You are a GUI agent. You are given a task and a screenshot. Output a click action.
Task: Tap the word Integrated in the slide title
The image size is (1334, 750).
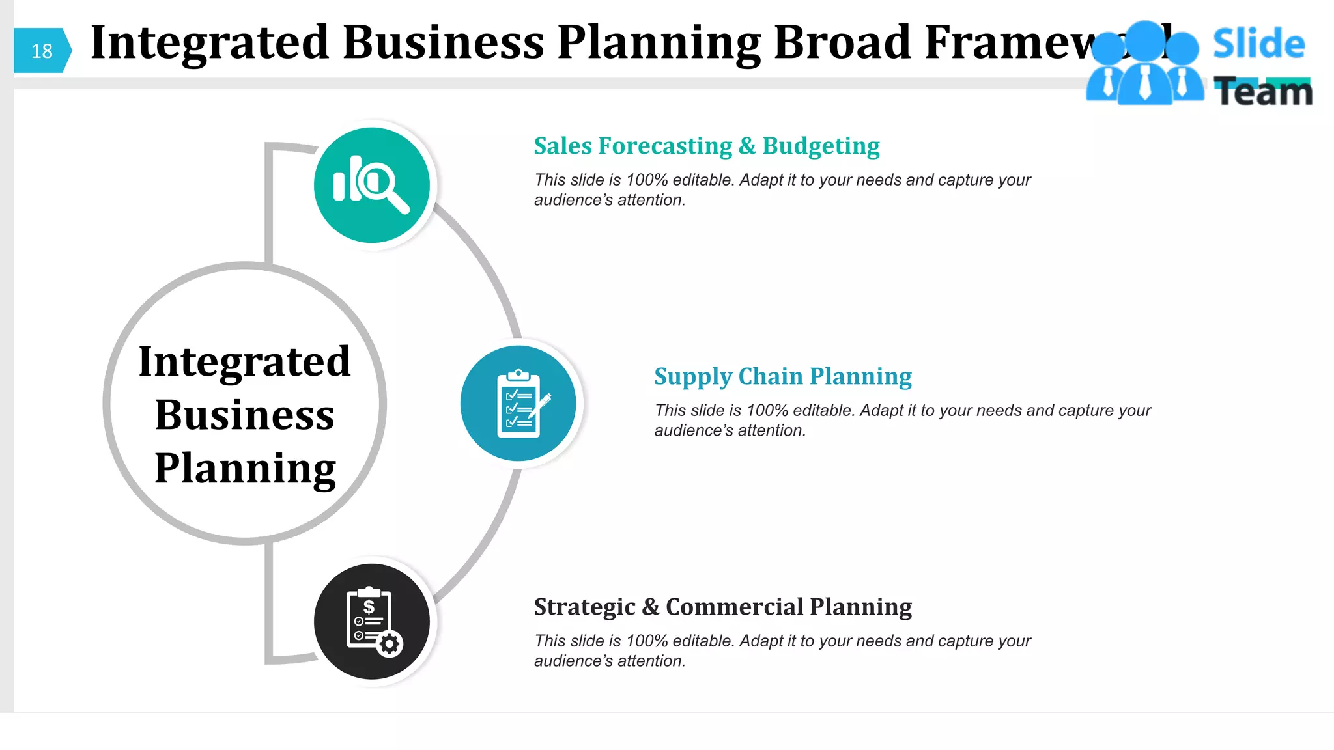210,43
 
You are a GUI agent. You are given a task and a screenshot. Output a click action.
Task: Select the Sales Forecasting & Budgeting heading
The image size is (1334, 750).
706,146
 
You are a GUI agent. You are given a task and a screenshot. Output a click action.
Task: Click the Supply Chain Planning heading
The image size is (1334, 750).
782,376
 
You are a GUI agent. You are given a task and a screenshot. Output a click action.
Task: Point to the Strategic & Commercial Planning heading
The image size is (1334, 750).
722,607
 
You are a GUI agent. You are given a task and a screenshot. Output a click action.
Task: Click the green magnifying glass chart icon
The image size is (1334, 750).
372,185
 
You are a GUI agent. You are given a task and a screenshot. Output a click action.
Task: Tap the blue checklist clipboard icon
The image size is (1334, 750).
518,404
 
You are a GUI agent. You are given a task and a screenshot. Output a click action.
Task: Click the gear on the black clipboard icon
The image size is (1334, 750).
390,644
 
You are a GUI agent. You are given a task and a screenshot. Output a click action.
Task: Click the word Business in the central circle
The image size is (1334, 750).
245,415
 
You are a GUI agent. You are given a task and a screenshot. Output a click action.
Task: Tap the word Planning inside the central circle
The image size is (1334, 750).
245,468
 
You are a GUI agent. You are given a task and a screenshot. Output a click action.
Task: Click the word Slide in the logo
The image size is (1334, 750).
1258,44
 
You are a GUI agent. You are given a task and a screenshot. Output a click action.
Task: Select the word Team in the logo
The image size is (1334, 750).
1263,92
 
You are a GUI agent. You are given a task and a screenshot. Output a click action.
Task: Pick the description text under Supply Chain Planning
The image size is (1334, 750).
902,420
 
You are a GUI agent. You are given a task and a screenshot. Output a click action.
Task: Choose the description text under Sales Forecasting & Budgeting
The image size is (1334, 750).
782,189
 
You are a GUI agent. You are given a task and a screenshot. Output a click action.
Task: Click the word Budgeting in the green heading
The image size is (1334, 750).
821,146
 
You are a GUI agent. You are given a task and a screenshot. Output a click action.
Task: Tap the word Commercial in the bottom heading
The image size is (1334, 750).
734,607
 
